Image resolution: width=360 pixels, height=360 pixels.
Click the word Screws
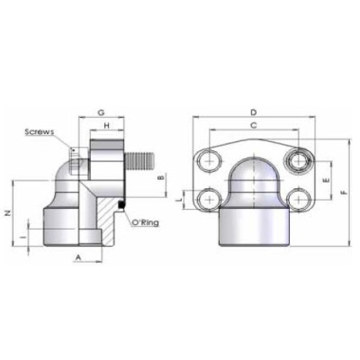40,131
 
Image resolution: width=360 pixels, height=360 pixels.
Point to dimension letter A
80,257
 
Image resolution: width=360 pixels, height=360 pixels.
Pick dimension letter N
8,213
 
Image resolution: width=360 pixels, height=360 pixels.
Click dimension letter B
160,178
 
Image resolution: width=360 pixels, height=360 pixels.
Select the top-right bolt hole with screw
299,161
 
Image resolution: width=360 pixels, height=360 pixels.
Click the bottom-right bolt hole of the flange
299,198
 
